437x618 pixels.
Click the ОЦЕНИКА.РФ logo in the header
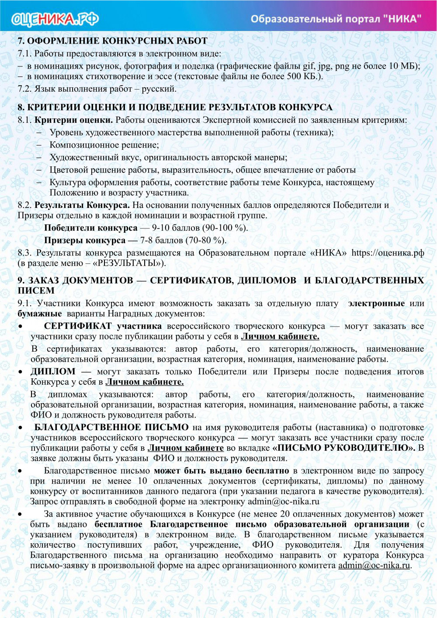pyautogui.click(x=55, y=19)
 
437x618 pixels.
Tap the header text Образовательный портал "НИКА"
pyautogui.click(x=336, y=19)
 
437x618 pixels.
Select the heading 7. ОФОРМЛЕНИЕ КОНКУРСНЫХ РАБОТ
pyautogui.click(x=112, y=41)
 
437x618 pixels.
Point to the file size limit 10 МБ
pyautogui.click(x=403, y=66)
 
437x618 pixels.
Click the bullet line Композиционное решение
pyautogui.click(x=104, y=145)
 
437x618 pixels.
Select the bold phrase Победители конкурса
pyautogui.click(x=90, y=228)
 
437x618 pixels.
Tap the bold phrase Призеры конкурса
pyautogui.click(x=85, y=240)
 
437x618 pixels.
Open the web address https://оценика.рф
pyautogui.click(x=388, y=253)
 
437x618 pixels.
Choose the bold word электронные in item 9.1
pyautogui.click(x=376, y=303)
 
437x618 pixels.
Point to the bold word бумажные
pyautogui.click(x=39, y=314)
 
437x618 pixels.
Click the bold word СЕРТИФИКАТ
pyautogui.click(x=78, y=326)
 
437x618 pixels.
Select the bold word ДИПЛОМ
pyautogui.click(x=53, y=371)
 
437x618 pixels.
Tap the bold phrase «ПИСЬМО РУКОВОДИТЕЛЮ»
pyautogui.click(x=344, y=448)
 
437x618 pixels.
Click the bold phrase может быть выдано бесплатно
pyautogui.click(x=221, y=471)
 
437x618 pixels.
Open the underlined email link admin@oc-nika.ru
pyautogui.click(x=374, y=566)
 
